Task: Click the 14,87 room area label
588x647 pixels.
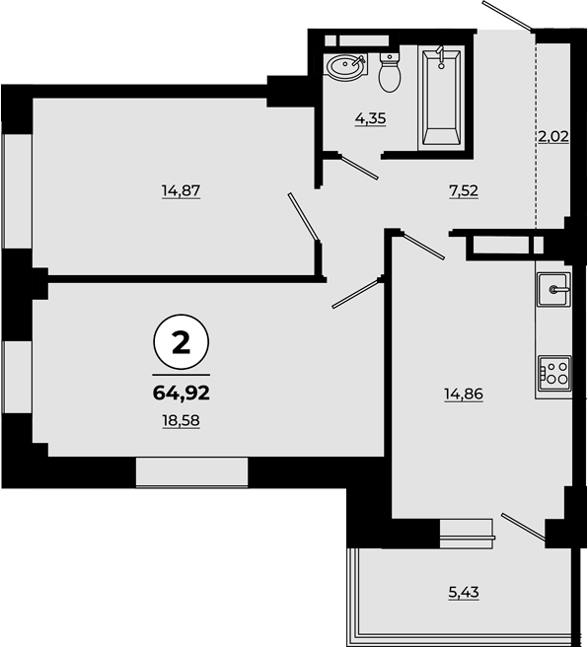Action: tap(182, 191)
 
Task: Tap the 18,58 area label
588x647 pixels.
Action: tap(182, 421)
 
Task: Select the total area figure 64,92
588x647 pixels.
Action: tap(182, 393)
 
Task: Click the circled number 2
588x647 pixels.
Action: tap(182, 342)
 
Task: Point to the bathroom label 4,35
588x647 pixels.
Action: tap(371, 118)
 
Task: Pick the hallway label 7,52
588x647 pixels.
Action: tap(464, 191)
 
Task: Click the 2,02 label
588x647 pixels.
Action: tap(553, 136)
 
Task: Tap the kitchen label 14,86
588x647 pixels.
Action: tap(464, 395)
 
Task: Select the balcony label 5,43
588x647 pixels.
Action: tap(464, 593)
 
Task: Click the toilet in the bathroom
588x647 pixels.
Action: tap(390, 73)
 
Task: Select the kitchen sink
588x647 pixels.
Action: tap(553, 289)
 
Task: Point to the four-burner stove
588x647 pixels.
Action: tap(555, 373)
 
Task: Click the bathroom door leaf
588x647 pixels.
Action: tap(360, 168)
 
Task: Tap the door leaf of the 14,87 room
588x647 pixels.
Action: tap(303, 216)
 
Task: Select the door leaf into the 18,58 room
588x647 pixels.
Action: tap(356, 293)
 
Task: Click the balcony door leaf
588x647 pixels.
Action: tap(524, 527)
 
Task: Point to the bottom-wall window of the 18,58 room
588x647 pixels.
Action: tap(191, 472)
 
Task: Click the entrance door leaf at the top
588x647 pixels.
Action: tap(508, 16)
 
